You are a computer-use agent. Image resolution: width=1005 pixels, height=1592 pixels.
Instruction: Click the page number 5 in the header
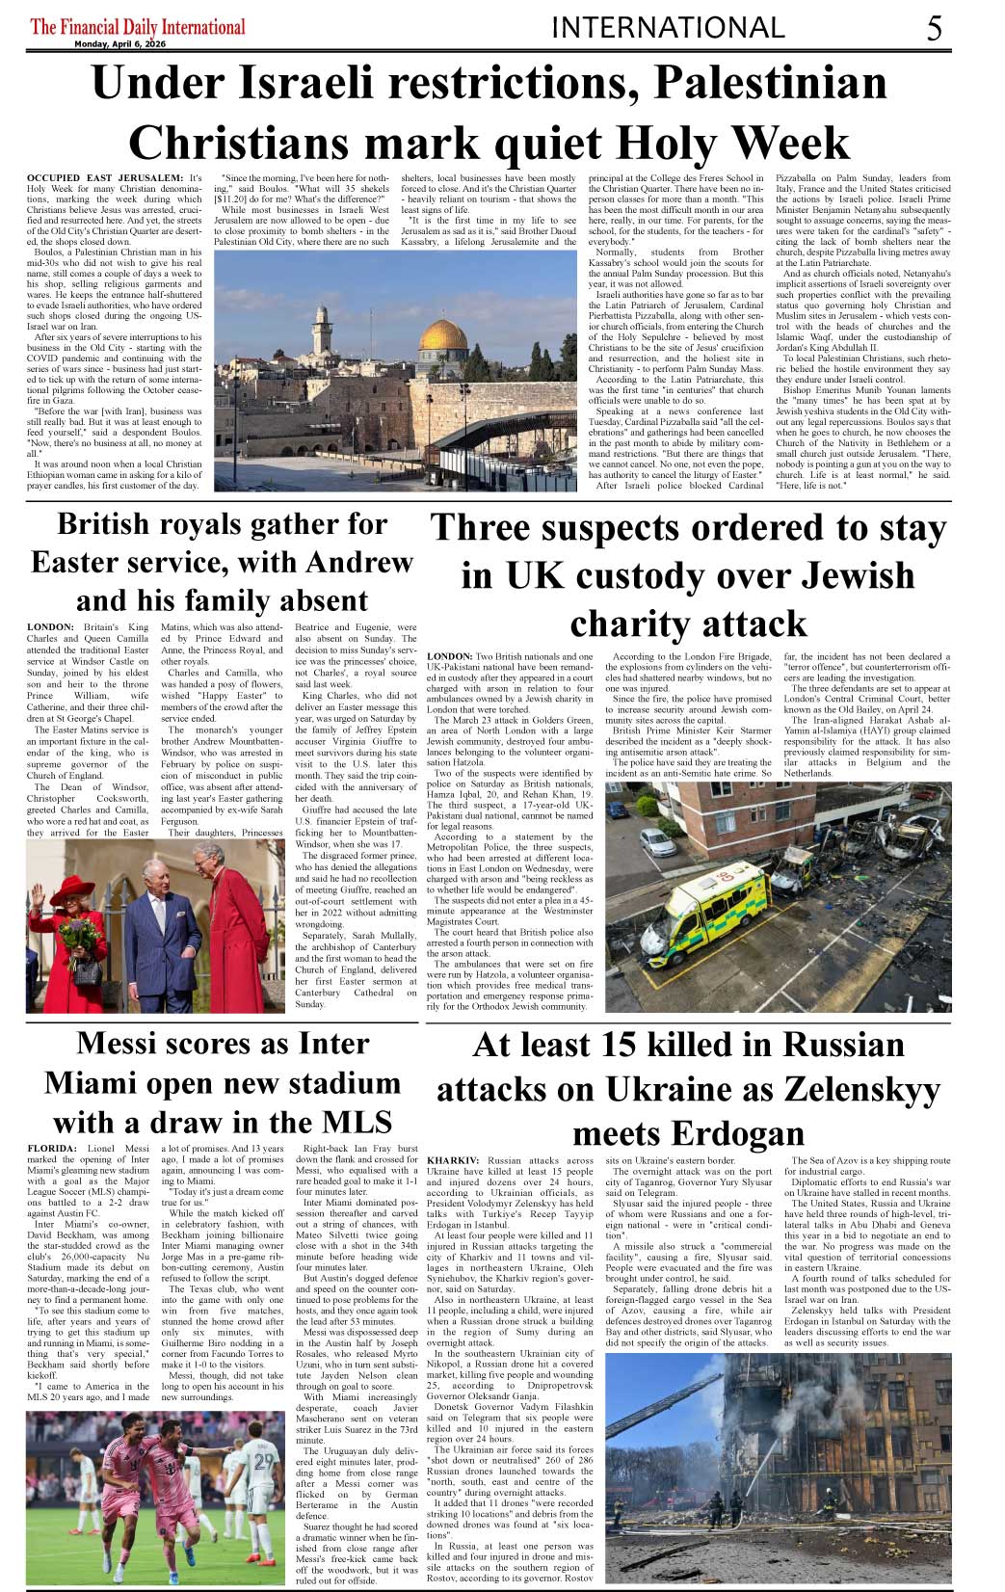point(935,29)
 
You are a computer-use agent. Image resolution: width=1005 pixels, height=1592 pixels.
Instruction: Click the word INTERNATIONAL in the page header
point(668,28)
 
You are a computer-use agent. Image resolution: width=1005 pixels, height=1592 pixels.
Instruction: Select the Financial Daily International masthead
point(138,26)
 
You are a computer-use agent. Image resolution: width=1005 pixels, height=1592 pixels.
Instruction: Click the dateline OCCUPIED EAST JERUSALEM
point(104,178)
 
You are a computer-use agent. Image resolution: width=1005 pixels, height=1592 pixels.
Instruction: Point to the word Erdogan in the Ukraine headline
point(737,1133)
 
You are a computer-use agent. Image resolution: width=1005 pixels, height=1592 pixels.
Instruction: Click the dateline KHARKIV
point(453,1161)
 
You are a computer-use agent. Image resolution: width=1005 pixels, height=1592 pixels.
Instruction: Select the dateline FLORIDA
point(52,1149)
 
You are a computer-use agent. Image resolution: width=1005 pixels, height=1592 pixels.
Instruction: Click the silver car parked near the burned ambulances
point(658,842)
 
